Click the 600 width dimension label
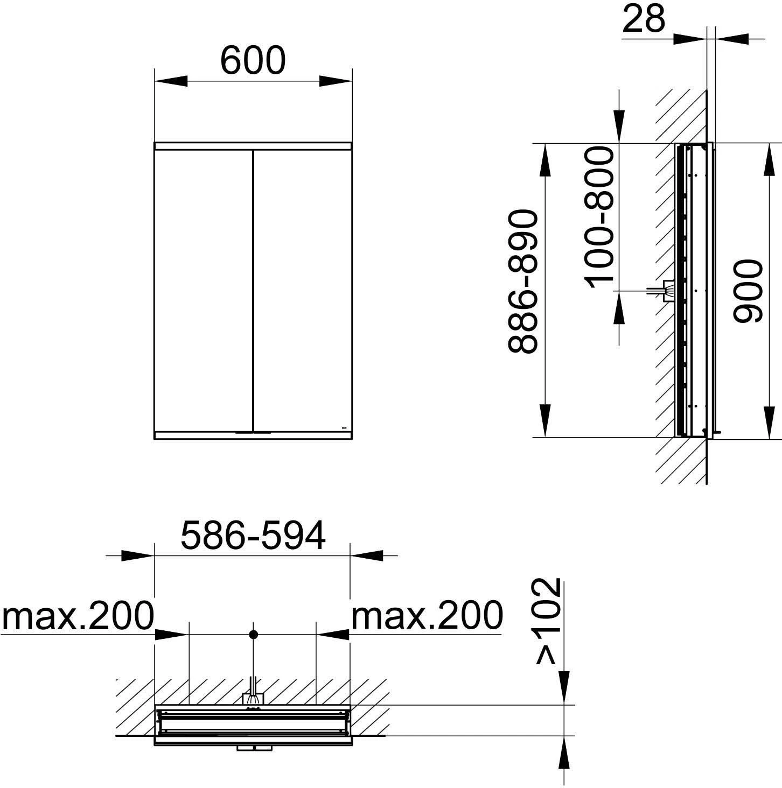[253, 60]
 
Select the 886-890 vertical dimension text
[521, 282]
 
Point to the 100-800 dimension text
[599, 217]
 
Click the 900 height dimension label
[748, 291]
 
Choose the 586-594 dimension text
[253, 535]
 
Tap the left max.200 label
[78, 616]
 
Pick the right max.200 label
[427, 616]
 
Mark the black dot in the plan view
[254, 635]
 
